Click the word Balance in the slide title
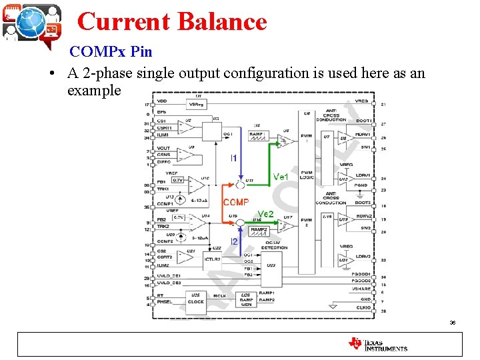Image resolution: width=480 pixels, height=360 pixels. [221, 21]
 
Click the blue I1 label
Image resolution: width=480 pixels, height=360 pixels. [233, 158]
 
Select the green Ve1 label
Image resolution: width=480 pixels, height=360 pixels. [281, 177]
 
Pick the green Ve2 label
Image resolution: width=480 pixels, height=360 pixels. [266, 213]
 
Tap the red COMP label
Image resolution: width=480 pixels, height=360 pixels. [236, 202]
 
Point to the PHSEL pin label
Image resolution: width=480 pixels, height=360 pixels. [165, 302]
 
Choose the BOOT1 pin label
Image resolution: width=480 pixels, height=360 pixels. [364, 121]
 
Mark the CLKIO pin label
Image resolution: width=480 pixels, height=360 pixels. [364, 308]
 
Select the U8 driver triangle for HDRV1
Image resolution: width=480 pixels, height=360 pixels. [342, 138]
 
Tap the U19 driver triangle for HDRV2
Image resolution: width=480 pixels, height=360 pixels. [342, 219]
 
